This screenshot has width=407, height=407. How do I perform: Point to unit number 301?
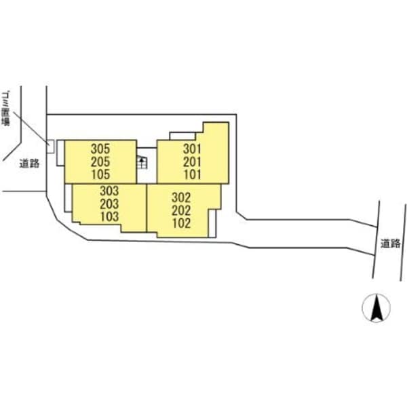click(x=191, y=147)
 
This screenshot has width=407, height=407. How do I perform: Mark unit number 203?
click(x=109, y=204)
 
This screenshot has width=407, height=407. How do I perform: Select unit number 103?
click(x=109, y=216)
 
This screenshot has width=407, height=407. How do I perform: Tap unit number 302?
click(x=180, y=198)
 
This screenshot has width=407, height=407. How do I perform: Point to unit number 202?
click(x=180, y=210)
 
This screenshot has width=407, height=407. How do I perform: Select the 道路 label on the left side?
click(x=29, y=163)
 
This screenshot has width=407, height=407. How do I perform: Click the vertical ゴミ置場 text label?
click(x=6, y=109)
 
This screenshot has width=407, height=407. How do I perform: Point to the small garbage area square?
click(x=50, y=145)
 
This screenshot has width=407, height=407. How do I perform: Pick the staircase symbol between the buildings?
click(x=142, y=161)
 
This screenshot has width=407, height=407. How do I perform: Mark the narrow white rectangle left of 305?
click(x=61, y=152)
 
